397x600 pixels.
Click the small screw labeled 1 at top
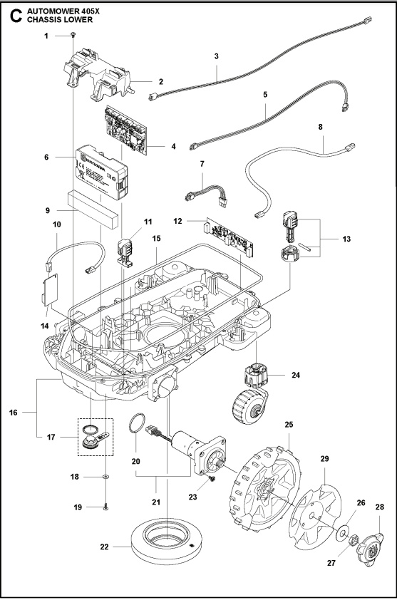74,35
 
